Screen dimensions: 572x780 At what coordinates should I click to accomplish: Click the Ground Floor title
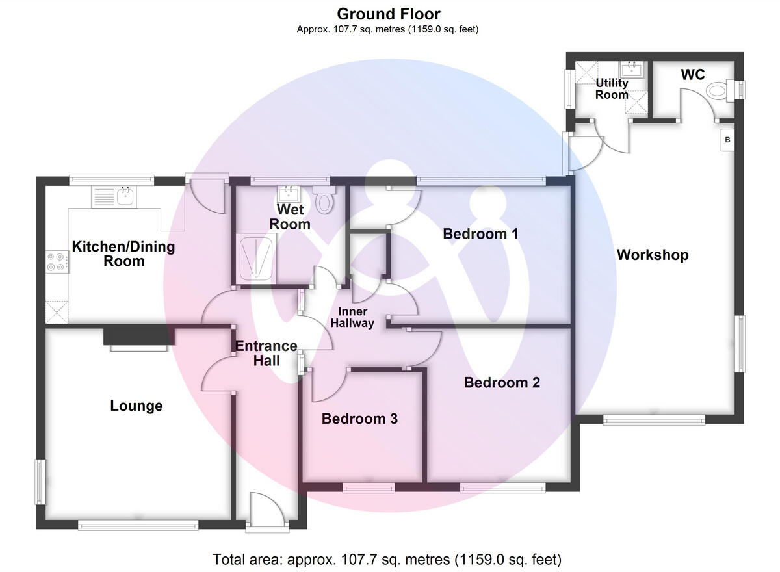point(388,14)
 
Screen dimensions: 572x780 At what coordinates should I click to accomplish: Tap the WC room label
point(692,75)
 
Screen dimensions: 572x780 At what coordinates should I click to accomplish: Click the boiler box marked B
point(727,140)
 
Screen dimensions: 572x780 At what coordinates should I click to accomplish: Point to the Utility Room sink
point(630,70)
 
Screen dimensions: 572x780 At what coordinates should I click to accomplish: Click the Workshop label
point(652,255)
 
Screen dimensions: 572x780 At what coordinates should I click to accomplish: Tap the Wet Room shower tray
point(256,257)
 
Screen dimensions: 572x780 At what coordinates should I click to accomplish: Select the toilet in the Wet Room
point(324,201)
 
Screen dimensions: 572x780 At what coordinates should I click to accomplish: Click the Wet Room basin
point(287,193)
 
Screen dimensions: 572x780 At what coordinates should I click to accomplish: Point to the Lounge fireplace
point(139,338)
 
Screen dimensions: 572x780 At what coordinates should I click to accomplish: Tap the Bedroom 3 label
point(359,419)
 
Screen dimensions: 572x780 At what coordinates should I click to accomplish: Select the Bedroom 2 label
point(502,382)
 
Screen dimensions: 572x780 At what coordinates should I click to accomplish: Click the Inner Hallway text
point(353,317)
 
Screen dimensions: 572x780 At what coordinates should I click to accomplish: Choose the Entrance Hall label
point(266,352)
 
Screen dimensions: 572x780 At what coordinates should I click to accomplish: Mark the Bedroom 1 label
point(480,233)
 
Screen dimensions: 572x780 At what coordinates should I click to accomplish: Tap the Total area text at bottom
point(387,559)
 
